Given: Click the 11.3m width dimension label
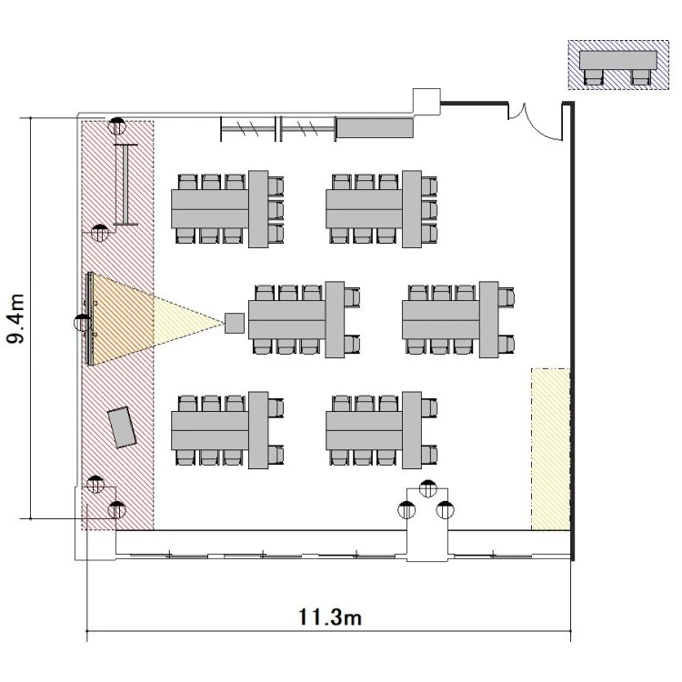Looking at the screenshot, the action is (x=330, y=617).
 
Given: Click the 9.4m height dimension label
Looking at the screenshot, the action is (x=15, y=319).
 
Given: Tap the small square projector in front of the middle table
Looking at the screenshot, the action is (x=235, y=323).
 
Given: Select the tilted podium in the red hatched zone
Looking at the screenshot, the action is (x=123, y=427).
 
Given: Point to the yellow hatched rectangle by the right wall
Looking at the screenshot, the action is (x=550, y=449).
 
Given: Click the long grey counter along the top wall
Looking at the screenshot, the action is (x=375, y=127).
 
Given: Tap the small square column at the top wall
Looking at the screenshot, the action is (x=426, y=101).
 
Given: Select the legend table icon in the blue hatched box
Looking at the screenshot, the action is (x=618, y=60).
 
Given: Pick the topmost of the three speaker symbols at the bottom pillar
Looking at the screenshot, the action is (x=428, y=488).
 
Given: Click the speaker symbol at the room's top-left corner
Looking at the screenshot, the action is (x=117, y=126).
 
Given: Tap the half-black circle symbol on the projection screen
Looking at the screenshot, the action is (x=83, y=323).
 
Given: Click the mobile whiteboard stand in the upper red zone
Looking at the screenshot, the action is (x=125, y=185).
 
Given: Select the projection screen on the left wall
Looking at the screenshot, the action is (x=90, y=319).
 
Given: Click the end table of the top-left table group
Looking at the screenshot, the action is (x=258, y=209).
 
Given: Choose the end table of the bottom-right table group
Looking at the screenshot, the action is (x=411, y=430).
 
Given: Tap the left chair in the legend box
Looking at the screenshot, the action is (x=594, y=77).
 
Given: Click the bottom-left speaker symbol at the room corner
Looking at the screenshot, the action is (x=117, y=510).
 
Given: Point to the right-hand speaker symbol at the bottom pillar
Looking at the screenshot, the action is (x=445, y=510).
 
